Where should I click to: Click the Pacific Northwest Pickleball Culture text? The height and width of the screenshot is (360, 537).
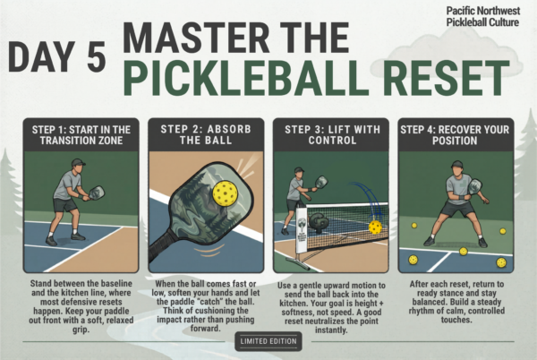pyautogui.click(x=483, y=15)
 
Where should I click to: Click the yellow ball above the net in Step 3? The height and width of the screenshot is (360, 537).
pyautogui.click(x=375, y=227)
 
